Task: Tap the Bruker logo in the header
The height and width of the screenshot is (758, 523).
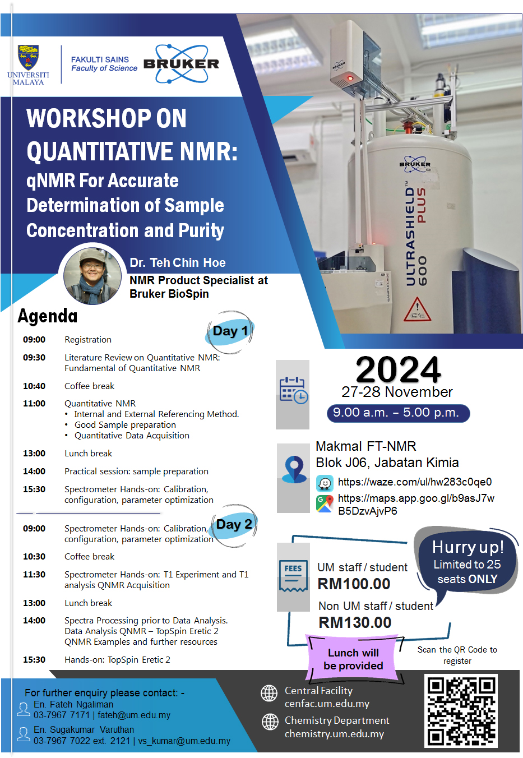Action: (181, 63)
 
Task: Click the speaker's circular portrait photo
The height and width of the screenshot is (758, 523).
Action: (92, 276)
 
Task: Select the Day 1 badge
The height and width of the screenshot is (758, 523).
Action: (230, 331)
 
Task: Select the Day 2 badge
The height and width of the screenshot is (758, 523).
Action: (234, 525)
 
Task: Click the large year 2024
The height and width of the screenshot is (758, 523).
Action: (398, 369)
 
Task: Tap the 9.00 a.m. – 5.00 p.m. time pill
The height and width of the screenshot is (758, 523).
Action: (398, 413)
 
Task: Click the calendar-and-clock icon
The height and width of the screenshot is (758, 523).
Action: (294, 390)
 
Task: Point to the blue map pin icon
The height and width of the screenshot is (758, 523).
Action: (294, 469)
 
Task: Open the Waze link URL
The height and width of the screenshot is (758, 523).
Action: (415, 482)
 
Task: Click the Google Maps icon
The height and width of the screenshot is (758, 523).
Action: (325, 503)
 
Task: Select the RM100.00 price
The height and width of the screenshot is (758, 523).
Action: (354, 584)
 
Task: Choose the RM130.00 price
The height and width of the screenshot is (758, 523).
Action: (355, 623)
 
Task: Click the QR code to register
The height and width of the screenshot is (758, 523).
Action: (461, 711)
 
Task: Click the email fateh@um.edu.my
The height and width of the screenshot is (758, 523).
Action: (134, 715)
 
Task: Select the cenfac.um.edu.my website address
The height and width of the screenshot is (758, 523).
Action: (327, 704)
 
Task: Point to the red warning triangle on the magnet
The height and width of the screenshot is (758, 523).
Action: (418, 309)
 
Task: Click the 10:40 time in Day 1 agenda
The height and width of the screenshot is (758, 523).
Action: (34, 386)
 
